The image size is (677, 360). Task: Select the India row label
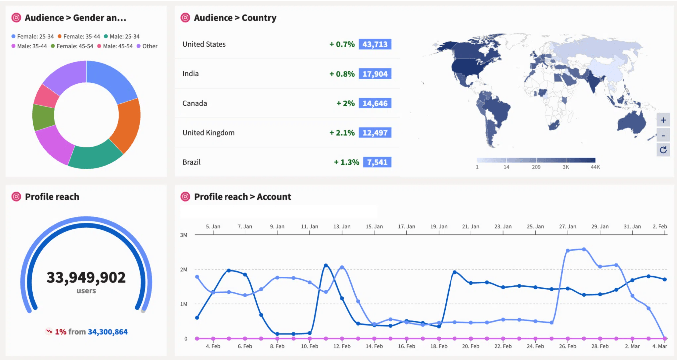point(191,74)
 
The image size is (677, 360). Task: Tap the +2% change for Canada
point(345,103)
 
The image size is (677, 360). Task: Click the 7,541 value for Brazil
point(377,162)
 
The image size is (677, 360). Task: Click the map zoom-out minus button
point(663,135)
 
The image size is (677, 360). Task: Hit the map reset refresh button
point(663,149)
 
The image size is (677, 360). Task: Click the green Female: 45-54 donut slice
point(43,118)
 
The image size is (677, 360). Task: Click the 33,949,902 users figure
point(86,277)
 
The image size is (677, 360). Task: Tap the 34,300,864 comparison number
point(108,331)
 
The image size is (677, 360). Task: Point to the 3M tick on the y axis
point(183,235)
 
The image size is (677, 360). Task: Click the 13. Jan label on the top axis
point(342,226)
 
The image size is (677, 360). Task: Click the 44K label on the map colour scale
point(595,167)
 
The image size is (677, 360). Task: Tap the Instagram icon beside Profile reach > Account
point(185,197)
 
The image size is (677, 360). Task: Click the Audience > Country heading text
point(235,18)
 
